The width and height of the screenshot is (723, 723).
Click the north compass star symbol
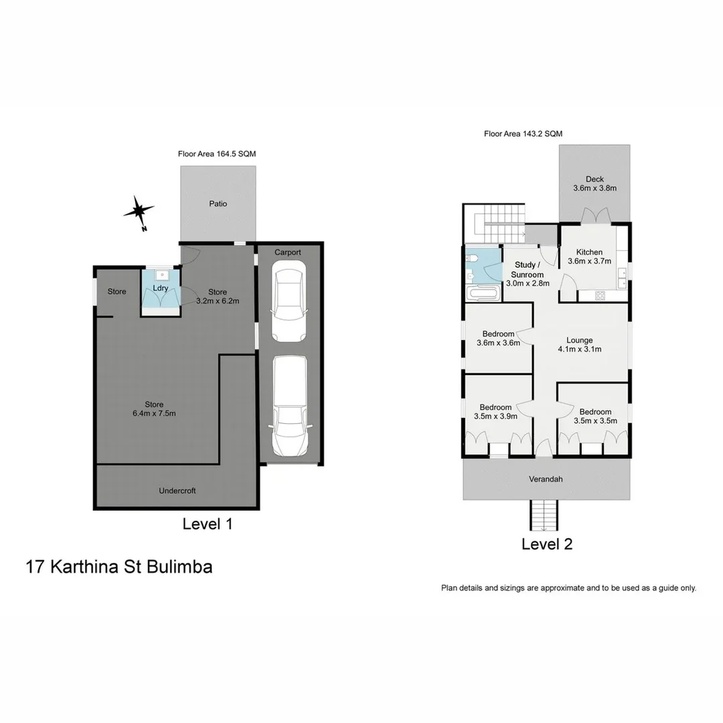tap(139, 212)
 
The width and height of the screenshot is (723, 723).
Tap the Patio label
tap(217, 204)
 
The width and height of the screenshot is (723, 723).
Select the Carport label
tap(288, 252)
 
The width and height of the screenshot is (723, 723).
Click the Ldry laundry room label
tap(160, 288)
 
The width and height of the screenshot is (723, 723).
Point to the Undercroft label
tap(177, 491)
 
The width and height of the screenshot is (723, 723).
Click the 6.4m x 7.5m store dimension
tap(153, 413)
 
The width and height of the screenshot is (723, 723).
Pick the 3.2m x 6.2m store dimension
tap(217, 301)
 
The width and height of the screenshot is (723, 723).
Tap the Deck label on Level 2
tap(594, 179)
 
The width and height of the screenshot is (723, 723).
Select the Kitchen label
tap(589, 252)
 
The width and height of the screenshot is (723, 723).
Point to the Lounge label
tap(580, 340)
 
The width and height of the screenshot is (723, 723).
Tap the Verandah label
tap(546, 479)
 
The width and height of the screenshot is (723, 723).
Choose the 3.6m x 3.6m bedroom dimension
tap(498, 343)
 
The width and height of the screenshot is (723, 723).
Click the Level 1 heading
tap(208, 524)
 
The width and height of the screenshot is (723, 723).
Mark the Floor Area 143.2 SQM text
tap(524, 134)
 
